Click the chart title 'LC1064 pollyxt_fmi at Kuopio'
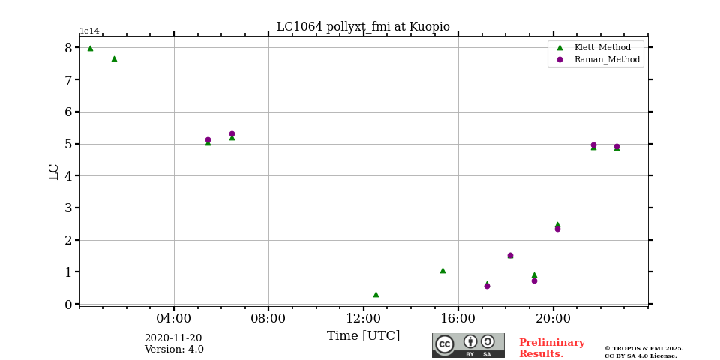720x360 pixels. click(x=363, y=27)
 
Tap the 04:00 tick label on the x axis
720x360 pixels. click(x=174, y=318)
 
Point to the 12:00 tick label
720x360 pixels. click(x=364, y=318)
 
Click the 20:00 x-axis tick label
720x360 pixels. click(x=553, y=318)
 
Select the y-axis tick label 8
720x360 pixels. click(x=68, y=48)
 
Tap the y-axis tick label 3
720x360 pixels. click(x=68, y=208)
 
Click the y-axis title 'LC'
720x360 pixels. click(x=54, y=172)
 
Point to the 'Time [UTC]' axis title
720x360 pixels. click(x=363, y=335)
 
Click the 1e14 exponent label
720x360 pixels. click(x=89, y=31)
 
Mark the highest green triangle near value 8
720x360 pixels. click(x=90, y=48)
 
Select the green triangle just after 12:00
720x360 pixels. click(x=376, y=294)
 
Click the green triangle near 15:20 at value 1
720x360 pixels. click(x=442, y=270)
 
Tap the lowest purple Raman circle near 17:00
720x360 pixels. click(x=487, y=286)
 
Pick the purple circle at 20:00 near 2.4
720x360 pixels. click(x=557, y=229)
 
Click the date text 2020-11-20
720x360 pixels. click(x=173, y=338)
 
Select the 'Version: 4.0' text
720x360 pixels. click(x=174, y=349)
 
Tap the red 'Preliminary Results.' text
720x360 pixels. click(x=551, y=348)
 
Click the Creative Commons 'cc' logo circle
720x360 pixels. click(x=445, y=344)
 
